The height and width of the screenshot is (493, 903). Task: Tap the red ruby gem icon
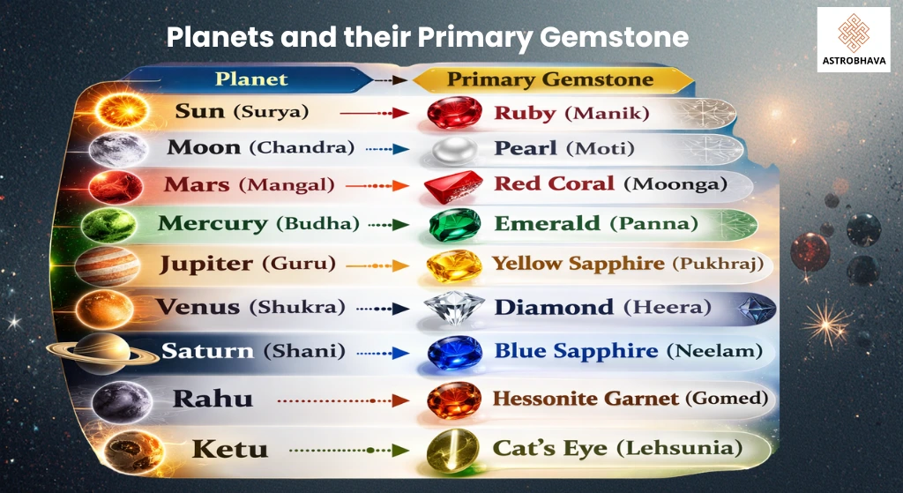point(454,113)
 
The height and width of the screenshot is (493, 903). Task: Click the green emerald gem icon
point(454,224)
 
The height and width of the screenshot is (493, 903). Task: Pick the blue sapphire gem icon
point(454,352)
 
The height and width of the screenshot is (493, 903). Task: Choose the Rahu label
point(213,399)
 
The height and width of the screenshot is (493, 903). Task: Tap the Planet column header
point(252,78)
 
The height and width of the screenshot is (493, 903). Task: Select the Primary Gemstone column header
point(550,78)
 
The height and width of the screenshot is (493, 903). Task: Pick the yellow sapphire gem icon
point(454,265)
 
